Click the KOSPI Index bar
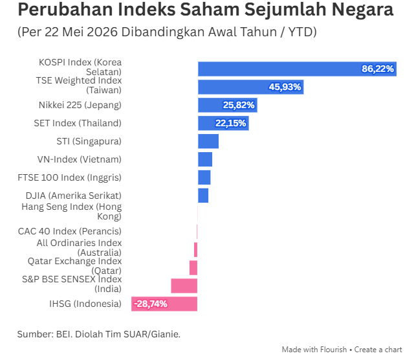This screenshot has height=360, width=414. point(298,69)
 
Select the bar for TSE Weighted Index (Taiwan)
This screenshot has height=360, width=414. point(251,87)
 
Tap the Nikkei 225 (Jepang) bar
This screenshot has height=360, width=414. point(228,105)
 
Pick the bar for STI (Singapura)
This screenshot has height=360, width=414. point(208,141)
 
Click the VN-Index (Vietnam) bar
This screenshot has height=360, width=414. point(205,159)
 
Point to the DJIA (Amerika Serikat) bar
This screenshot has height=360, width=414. point(203,196)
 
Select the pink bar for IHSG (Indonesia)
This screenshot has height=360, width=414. point(164,304)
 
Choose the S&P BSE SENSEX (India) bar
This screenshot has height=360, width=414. point(184,286)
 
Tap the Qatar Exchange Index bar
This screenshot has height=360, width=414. point(193,268)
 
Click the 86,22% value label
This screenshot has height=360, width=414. point(378,69)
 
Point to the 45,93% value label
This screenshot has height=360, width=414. point(285,87)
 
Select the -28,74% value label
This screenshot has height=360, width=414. point(151,304)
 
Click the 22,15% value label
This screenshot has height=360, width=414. point(230,123)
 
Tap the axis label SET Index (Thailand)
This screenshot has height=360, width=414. point(78,123)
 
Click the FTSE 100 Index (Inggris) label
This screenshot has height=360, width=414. point(69,177)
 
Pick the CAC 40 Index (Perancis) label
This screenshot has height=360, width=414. point(70,231)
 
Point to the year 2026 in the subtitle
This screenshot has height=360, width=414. point(102,32)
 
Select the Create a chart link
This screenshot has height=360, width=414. point(378,350)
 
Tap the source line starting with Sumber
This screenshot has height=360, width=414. point(99,334)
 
